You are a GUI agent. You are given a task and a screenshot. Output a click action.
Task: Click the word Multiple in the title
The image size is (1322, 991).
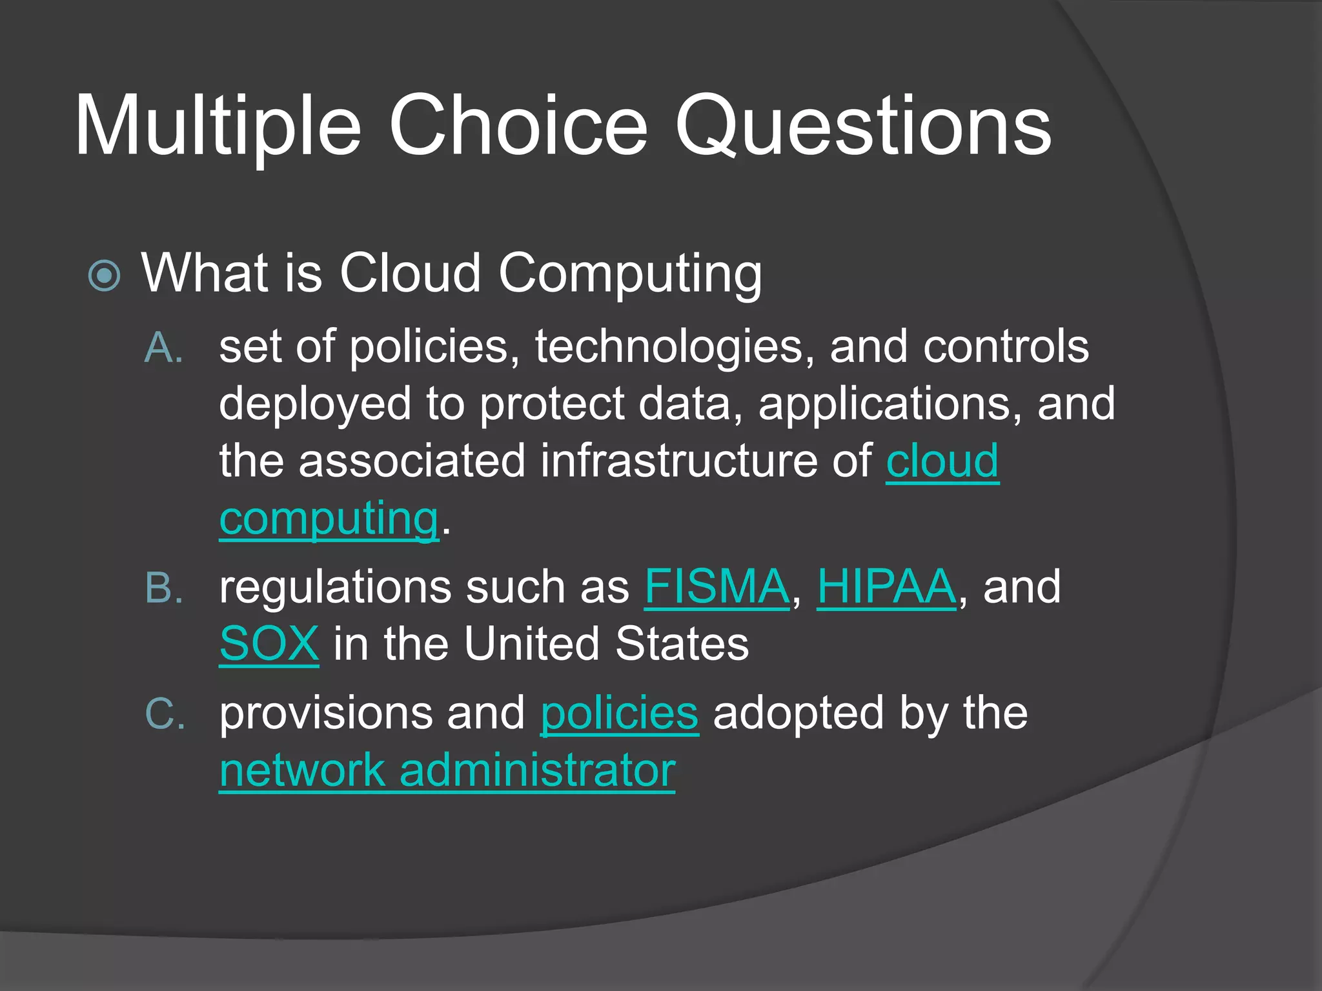tap(218, 126)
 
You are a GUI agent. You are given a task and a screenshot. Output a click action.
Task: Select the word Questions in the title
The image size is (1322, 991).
tap(863, 126)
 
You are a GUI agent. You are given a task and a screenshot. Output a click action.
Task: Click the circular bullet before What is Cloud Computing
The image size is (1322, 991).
tap(104, 276)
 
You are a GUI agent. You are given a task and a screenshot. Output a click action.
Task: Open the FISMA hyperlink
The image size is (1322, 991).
tap(717, 587)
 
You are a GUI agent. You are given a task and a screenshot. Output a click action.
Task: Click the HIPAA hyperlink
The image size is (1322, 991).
tap(886, 587)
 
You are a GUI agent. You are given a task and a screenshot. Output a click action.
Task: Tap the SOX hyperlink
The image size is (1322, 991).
tap(269, 644)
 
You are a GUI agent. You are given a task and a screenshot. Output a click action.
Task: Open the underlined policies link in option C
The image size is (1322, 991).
tap(619, 714)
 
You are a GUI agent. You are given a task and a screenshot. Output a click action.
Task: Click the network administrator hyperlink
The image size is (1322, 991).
tap(447, 770)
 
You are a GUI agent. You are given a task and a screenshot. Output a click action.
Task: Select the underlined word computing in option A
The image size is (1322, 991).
tap(329, 519)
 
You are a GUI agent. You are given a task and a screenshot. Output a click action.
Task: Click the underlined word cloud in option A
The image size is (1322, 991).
tap(942, 461)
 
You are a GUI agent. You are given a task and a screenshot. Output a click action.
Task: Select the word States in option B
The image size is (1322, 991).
tap(682, 644)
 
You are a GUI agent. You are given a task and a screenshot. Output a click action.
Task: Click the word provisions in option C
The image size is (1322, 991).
tap(326, 714)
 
